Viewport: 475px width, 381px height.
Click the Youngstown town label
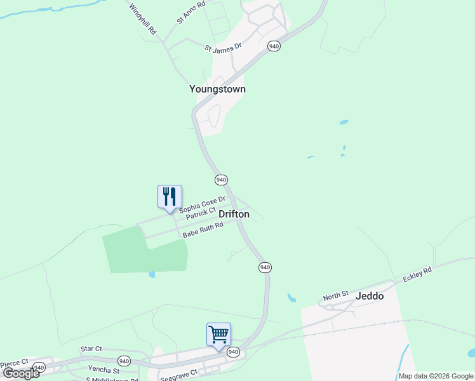217,90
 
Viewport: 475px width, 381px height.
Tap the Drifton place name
234,215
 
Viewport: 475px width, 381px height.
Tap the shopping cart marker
218,334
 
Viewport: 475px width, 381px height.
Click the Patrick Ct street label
201,215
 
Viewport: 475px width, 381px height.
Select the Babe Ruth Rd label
203,230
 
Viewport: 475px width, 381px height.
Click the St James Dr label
224,47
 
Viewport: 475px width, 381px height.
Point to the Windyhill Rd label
143,19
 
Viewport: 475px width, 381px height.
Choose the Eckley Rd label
417,275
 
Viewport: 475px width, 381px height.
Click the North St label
336,296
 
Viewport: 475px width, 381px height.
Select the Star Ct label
91,349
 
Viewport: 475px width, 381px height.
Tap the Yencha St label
104,370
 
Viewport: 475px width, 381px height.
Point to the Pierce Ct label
14,364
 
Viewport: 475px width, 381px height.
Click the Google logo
22,373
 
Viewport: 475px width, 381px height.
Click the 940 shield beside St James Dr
274,47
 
